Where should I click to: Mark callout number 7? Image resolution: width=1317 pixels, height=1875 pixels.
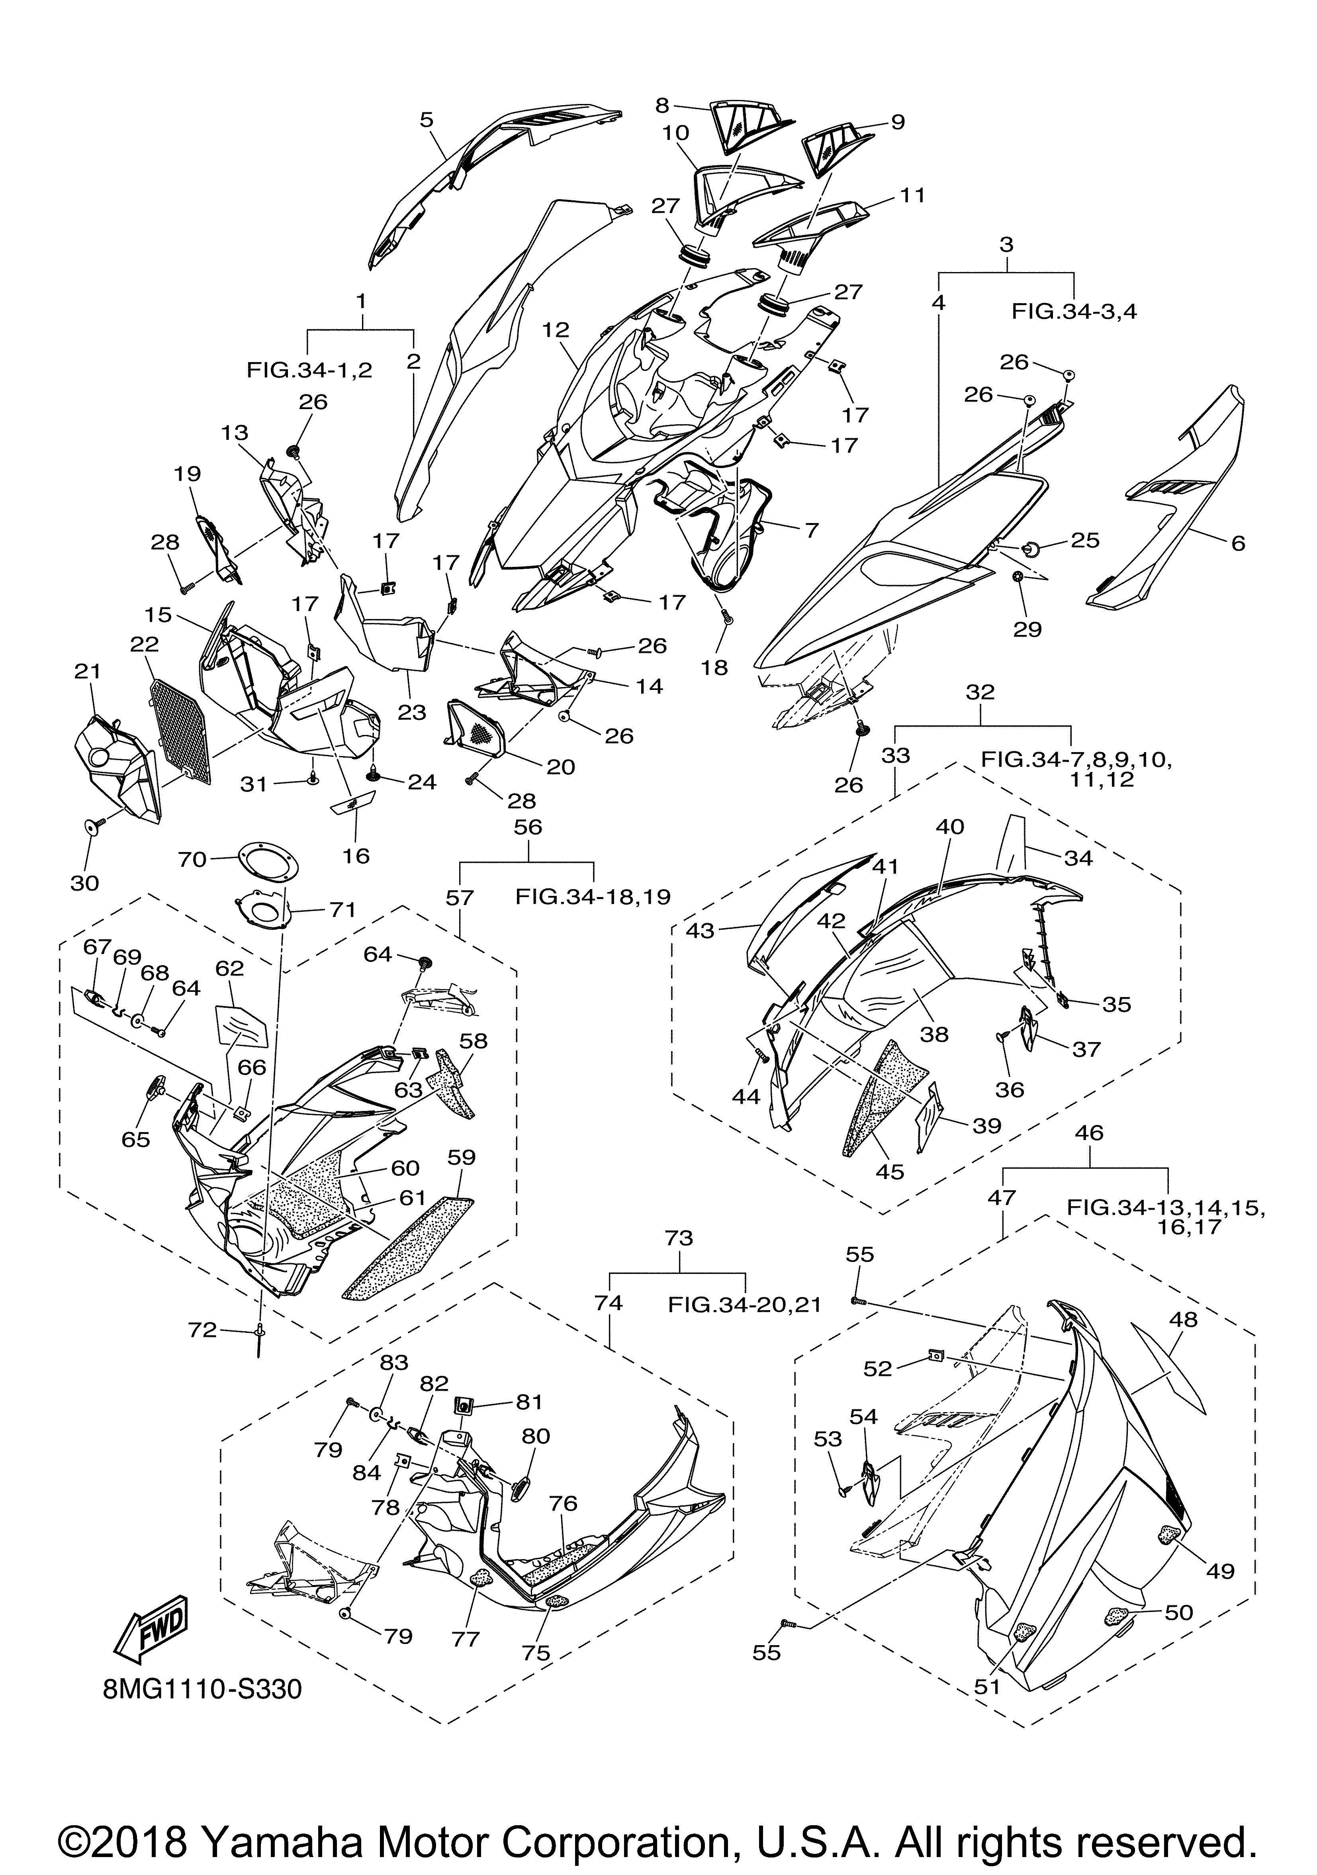[811, 529]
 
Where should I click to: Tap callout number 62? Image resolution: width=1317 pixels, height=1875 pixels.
[230, 968]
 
